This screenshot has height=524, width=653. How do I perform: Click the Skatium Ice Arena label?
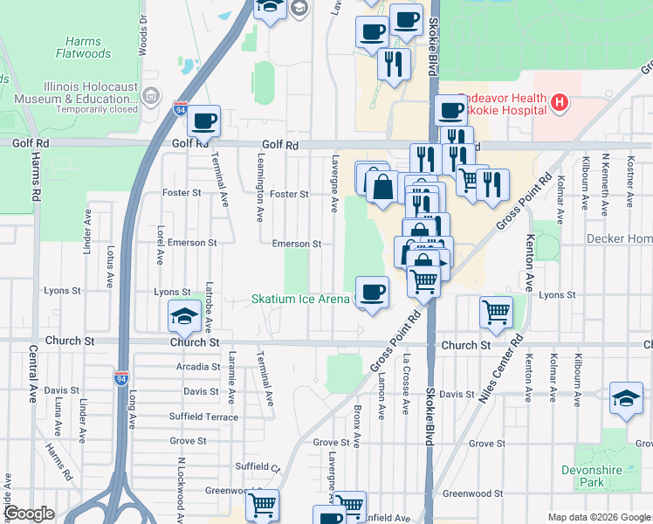click(300, 299)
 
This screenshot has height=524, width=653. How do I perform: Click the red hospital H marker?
click(560, 104)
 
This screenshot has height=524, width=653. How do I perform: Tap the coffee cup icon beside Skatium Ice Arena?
click(373, 292)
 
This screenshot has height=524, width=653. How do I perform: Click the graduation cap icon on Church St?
click(183, 316)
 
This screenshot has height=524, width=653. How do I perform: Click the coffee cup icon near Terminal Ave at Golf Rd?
click(204, 121)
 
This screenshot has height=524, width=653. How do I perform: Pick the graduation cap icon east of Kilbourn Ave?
click(626, 398)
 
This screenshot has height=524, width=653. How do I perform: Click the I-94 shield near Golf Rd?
click(179, 110)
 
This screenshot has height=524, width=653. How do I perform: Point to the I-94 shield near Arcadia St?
click(120, 378)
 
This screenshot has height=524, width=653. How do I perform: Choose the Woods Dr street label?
click(141, 35)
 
